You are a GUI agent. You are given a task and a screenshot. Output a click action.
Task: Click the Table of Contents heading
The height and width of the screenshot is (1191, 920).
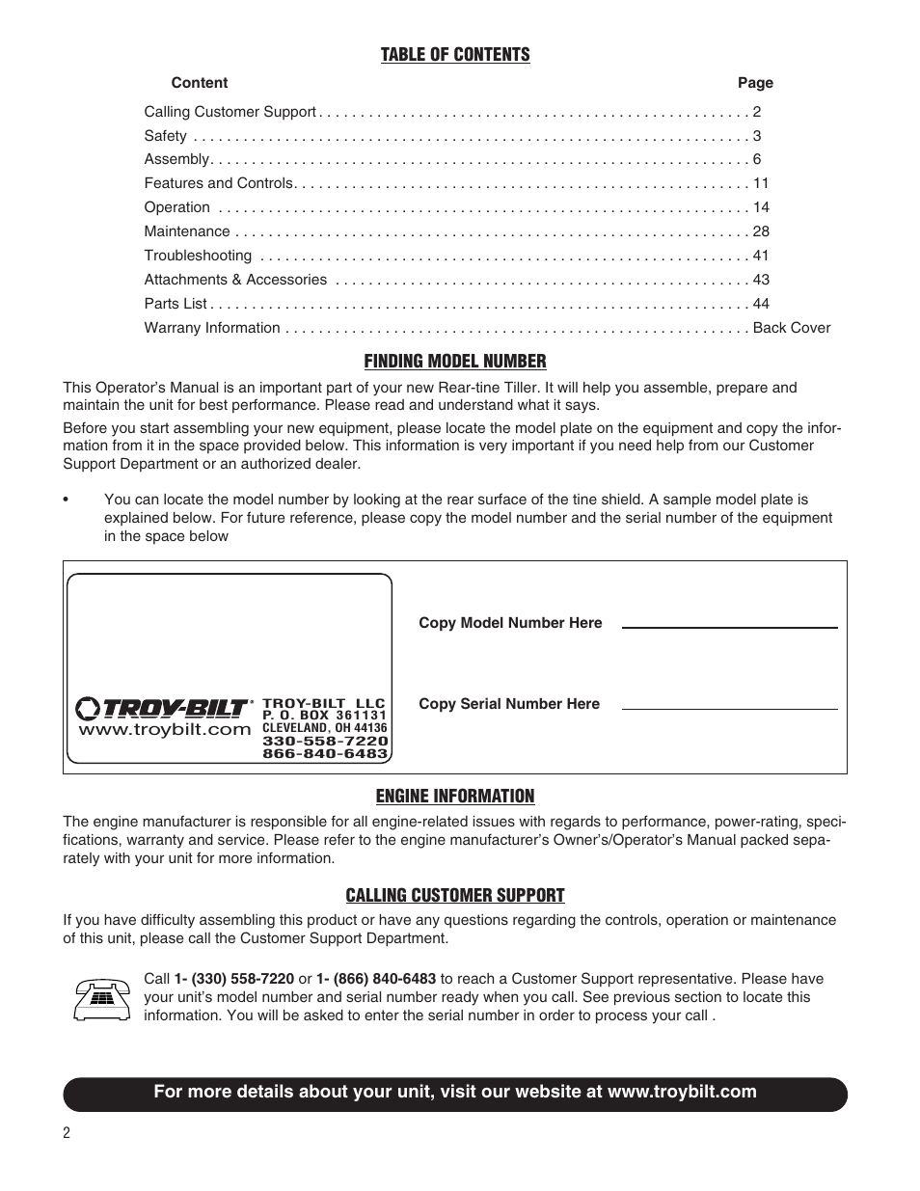454,55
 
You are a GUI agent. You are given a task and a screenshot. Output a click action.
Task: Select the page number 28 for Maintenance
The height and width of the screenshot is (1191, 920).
760,231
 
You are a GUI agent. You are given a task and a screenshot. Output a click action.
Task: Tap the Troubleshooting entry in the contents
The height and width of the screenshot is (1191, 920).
198,256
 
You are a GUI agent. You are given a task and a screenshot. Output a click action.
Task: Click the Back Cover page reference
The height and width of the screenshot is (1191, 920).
791,328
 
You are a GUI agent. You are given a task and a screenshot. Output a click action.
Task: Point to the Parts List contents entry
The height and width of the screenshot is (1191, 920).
176,304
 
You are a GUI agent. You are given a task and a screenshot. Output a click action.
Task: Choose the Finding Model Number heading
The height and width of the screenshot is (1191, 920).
454,362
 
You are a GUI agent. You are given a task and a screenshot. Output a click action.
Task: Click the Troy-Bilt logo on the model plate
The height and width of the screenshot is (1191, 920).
164,709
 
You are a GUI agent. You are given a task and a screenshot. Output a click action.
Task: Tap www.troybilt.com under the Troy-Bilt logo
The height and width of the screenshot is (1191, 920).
164,730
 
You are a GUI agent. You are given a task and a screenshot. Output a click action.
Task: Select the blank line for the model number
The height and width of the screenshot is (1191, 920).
729,628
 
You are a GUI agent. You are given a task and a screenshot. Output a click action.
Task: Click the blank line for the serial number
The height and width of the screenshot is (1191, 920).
729,709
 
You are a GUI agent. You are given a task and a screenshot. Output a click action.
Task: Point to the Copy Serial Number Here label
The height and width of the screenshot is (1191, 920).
508,704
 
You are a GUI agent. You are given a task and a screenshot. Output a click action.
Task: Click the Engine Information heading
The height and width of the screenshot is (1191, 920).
454,797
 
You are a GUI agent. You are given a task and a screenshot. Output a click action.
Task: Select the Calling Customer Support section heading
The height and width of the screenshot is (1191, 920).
454,896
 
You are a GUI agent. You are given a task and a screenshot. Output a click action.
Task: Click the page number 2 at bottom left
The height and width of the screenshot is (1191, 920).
67,1133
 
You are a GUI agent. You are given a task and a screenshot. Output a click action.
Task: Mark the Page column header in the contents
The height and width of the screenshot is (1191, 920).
755,83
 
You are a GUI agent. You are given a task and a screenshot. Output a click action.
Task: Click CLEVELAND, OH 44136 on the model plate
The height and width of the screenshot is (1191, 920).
324,728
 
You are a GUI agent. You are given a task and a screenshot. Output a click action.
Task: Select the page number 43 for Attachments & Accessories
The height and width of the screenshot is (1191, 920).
760,280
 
